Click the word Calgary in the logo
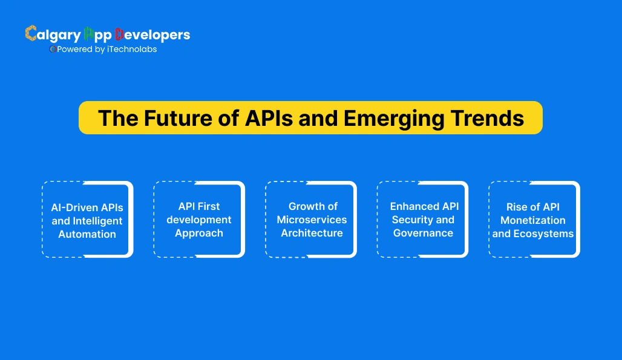point(52,35)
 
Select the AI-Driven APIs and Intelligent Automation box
point(87,220)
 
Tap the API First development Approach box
point(199,220)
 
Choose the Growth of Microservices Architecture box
point(311,220)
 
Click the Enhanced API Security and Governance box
point(422,220)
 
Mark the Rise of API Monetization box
point(534,220)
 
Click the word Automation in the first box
point(87,234)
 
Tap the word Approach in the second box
point(199,234)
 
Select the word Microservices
point(312,220)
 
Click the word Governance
point(423,234)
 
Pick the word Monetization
point(533,220)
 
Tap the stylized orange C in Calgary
point(31,34)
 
